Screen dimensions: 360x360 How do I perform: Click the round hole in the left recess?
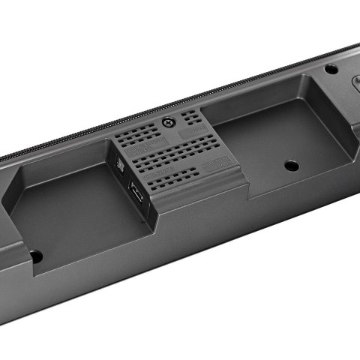(35, 256)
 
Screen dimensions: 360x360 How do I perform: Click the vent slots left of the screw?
(139, 135)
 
